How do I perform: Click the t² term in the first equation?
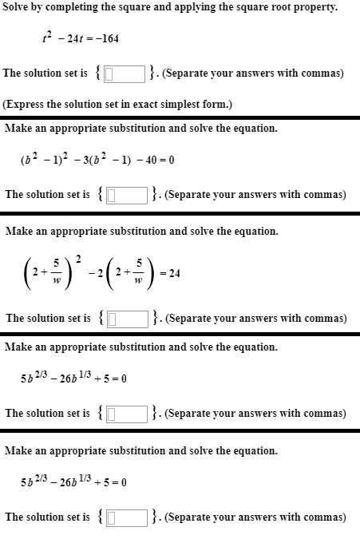47,37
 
